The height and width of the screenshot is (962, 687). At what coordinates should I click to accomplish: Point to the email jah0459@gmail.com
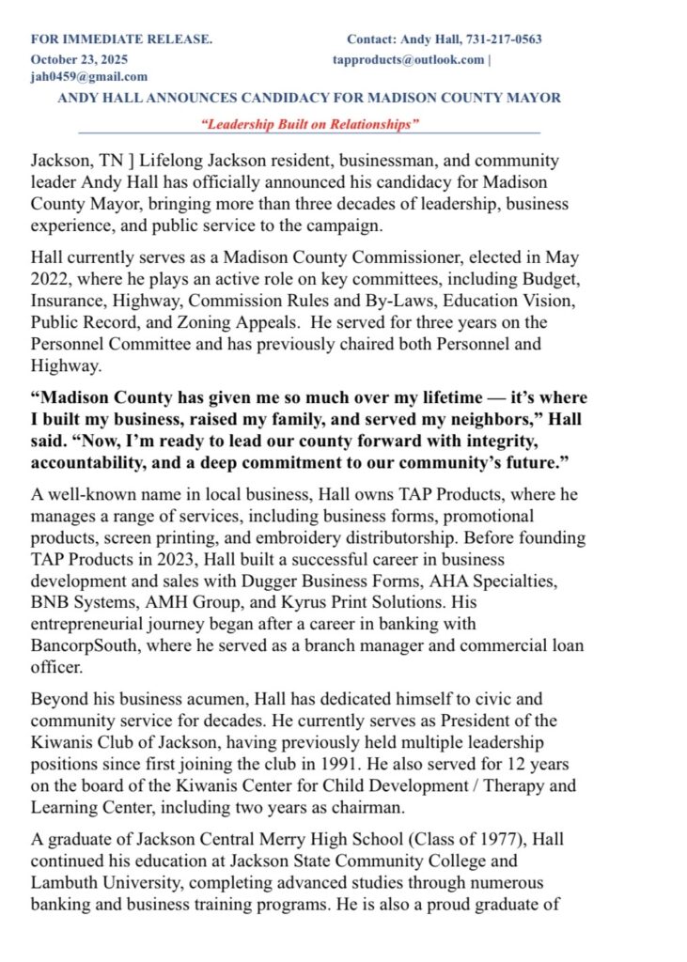point(89,77)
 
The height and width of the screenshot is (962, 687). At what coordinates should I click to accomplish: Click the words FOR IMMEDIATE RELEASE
point(121,39)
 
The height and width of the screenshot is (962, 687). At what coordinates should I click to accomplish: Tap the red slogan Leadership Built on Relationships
point(309,124)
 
